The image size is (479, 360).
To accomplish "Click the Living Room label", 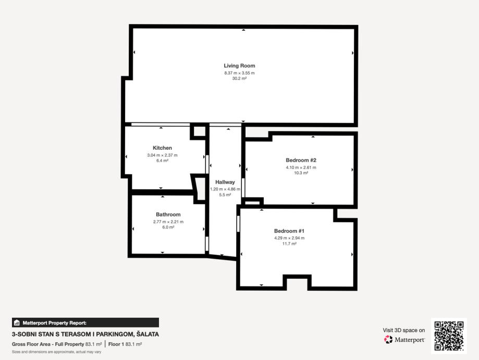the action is tap(239, 66).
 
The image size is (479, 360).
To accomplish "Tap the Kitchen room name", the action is tap(162, 148).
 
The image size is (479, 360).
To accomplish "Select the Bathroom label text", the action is tap(168, 215).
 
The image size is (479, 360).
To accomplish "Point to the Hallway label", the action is tap(225, 182).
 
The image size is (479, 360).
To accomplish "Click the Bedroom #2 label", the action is tap(301, 160).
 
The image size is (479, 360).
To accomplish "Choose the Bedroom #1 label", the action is tap(289, 231).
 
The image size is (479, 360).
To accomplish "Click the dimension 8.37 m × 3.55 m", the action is tap(239, 73).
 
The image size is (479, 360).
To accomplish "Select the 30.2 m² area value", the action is tap(239, 79).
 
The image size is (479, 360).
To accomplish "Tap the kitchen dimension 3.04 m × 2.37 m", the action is tap(162, 155).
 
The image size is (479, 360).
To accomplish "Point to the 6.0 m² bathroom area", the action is tap(168, 227).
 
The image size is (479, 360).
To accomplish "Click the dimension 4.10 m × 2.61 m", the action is tap(301, 167).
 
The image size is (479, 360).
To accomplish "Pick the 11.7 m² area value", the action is tap(289, 244).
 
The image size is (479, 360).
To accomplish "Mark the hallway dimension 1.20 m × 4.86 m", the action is tap(225, 189).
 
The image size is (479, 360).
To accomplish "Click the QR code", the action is tap(449, 336).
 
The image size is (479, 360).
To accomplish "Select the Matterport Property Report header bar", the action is tap(85, 322).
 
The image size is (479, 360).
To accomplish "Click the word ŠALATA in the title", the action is tap(148, 334).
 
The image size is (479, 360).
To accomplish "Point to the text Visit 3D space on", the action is tap(403, 330).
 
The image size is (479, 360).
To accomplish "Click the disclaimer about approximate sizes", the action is tap(56, 352).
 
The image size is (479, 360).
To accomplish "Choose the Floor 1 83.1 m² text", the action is tap(125, 344).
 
